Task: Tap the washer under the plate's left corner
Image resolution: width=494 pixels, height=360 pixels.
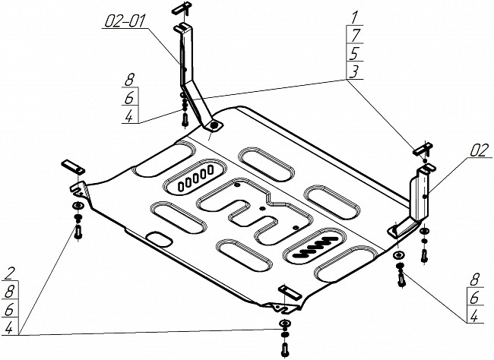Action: (78, 207)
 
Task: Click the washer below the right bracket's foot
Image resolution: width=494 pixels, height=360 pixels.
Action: (398, 255)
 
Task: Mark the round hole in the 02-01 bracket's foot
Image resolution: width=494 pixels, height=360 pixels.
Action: (215, 125)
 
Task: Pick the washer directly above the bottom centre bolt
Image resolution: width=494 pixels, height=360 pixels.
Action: (284, 324)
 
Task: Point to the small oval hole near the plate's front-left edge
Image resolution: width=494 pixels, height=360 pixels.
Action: (161, 240)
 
